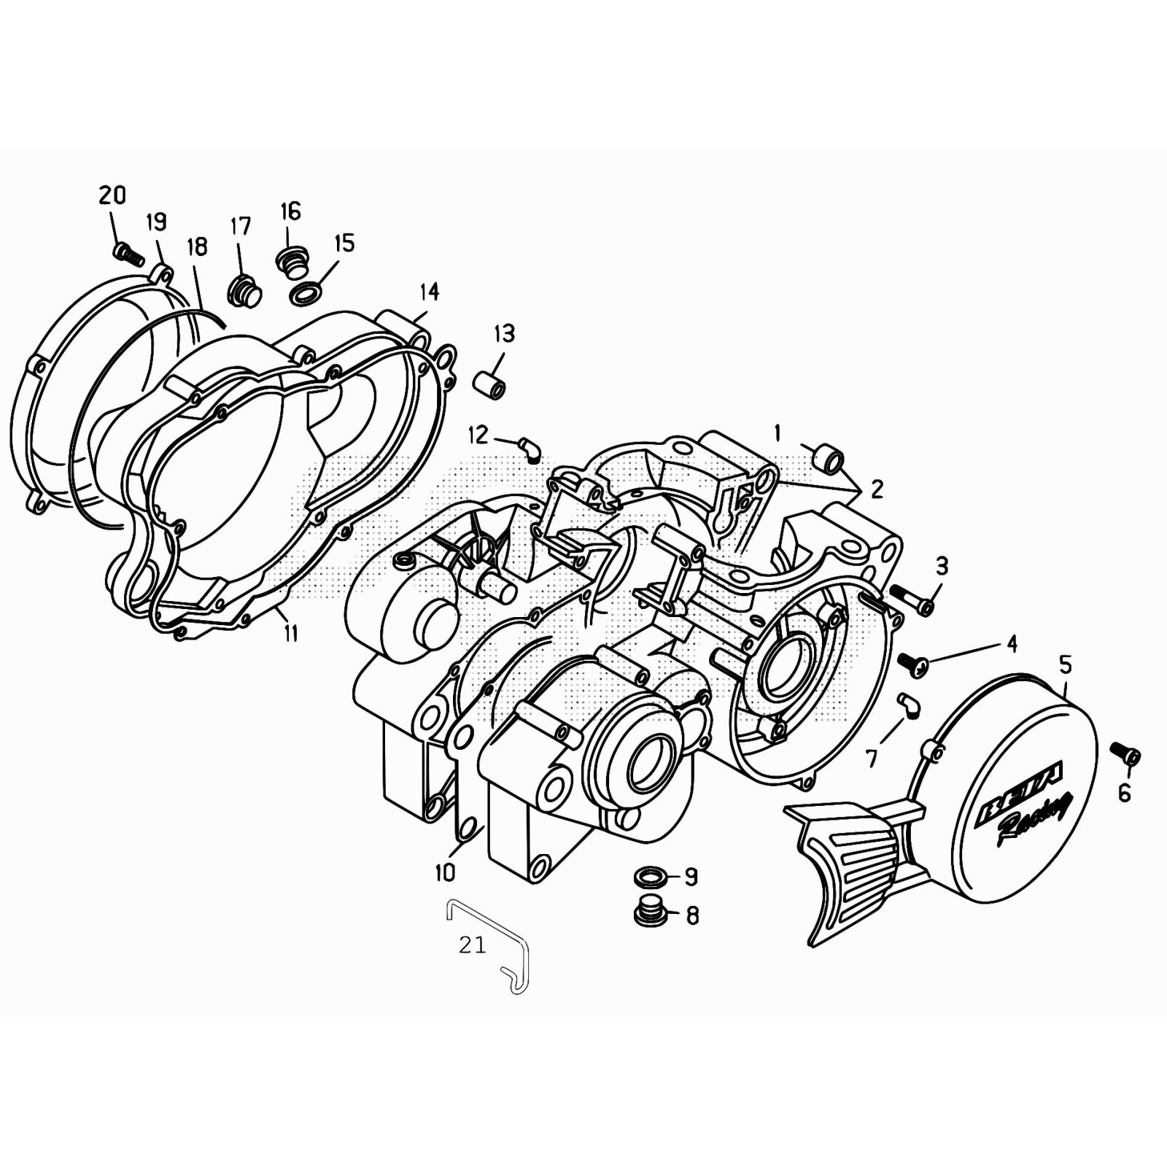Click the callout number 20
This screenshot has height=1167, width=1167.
click(x=112, y=195)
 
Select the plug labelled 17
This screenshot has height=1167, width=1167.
click(x=245, y=292)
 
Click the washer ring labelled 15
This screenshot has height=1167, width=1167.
click(x=306, y=295)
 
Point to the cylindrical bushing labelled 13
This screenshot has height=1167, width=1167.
click(x=490, y=385)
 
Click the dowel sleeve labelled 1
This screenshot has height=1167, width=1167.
click(x=829, y=460)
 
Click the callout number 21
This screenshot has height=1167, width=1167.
click(x=472, y=945)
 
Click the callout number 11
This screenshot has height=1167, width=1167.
click(x=291, y=633)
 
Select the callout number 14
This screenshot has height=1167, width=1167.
click(x=429, y=292)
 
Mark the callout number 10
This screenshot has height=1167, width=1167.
click(x=445, y=872)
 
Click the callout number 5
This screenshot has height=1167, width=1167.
click(x=1066, y=664)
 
